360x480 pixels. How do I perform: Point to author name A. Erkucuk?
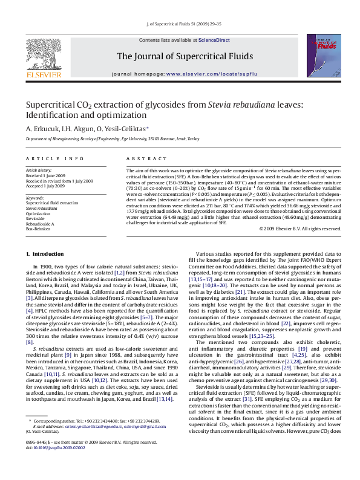click(x=42, y=128)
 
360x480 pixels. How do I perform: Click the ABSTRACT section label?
click(x=142, y=159)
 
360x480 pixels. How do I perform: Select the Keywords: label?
click(x=36, y=198)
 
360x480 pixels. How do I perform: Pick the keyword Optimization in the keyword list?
click(x=38, y=213)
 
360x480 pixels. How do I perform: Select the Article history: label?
click(x=39, y=170)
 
